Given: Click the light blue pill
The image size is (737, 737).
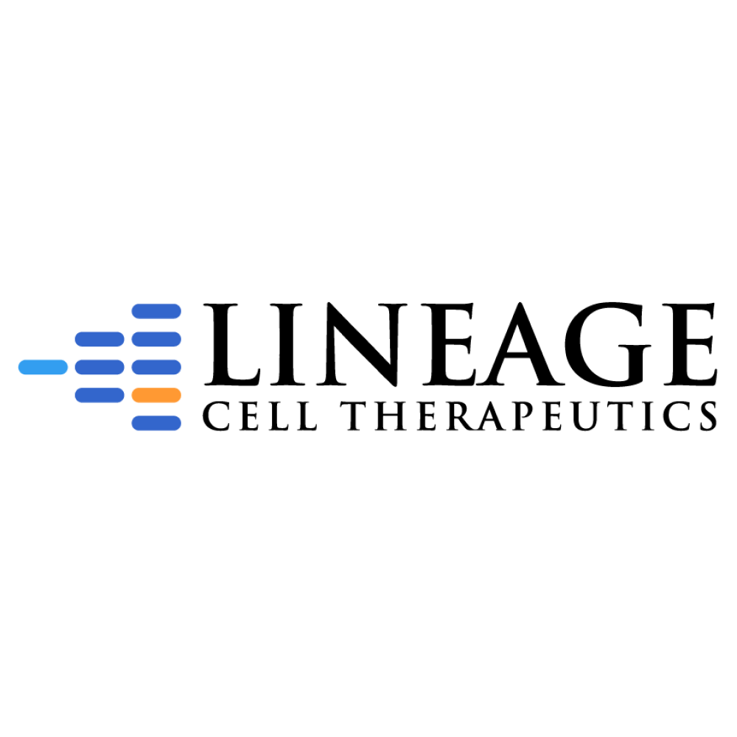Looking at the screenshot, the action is point(43,367).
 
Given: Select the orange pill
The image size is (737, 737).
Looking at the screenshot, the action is point(156,395).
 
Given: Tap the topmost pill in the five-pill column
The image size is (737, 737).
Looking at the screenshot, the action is point(156,311).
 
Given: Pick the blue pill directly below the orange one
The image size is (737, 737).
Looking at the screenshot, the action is point(156,423).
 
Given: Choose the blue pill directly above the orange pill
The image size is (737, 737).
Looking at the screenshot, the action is point(156,367).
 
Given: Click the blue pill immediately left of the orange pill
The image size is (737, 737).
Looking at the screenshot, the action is point(99,395).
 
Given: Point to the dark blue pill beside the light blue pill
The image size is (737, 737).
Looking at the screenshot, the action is point(99,367).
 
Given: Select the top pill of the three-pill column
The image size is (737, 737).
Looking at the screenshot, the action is point(99,339).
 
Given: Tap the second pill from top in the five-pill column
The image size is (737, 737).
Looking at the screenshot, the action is point(156,339).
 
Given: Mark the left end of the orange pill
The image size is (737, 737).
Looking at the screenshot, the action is point(136,395).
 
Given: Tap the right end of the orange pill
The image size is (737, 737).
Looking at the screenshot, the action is point(177,395).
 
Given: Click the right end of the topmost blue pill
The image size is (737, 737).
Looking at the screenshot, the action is point(177,311).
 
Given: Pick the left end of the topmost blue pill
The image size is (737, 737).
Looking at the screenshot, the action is point(136,311).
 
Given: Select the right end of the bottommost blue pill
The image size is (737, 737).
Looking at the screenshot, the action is point(177,423).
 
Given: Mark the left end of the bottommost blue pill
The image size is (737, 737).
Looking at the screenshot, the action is point(136,423).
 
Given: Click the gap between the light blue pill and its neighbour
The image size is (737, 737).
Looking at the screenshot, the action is point(71,367).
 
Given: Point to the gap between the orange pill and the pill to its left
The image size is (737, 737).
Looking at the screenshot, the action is point(128,395).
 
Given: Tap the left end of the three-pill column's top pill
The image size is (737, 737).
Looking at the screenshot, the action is point(79,339).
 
